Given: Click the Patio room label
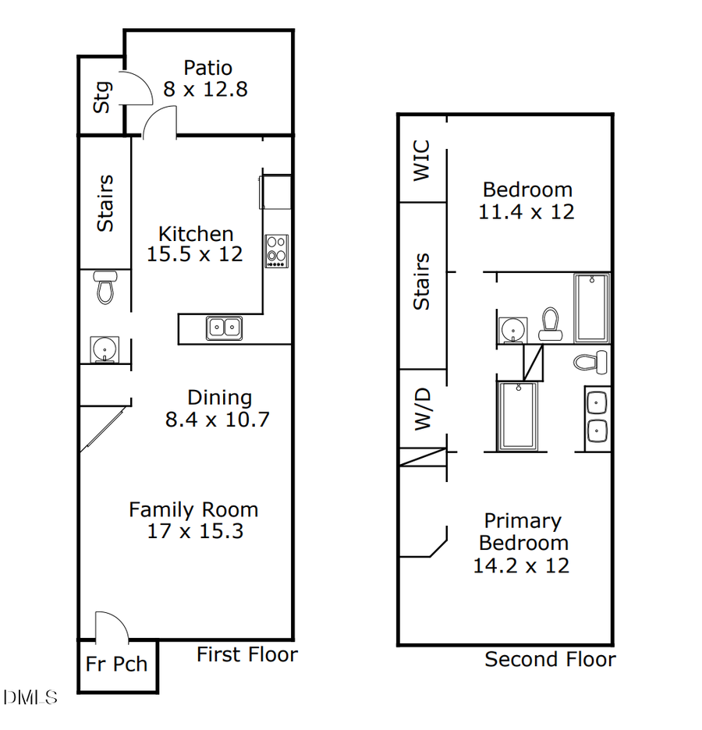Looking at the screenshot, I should click(207, 68).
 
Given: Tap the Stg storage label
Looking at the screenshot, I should click(102, 97).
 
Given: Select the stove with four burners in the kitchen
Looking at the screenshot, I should click(276, 251).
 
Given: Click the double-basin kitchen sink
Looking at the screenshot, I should click(223, 328).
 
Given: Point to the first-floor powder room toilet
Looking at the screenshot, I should click(105, 287).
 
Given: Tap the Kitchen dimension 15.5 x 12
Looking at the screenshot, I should click(195, 254).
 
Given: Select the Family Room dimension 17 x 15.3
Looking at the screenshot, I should click(195, 532).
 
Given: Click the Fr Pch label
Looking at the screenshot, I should click(117, 664).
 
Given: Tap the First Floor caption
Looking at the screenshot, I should click(246, 654).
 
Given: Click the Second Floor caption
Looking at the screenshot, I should click(550, 660).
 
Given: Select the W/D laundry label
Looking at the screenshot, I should click(422, 409).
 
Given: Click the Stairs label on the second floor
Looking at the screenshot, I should click(421, 282).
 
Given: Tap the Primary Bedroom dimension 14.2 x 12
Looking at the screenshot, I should click(521, 565).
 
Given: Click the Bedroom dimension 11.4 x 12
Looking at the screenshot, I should click(526, 211).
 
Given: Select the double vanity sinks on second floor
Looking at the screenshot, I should click(597, 416).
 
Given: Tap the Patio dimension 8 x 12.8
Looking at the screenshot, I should click(205, 89).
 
